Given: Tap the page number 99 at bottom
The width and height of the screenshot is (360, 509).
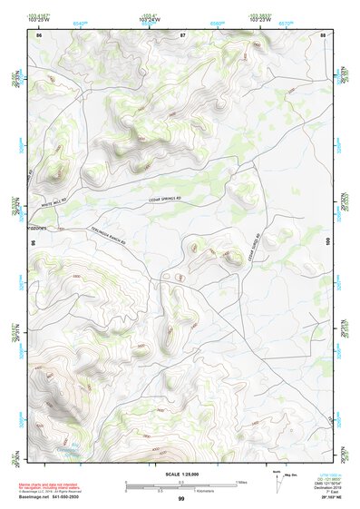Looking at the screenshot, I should [180, 499].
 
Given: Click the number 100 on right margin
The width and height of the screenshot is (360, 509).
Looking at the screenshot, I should [327, 240].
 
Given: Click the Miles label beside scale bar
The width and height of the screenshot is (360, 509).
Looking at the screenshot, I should [240, 481].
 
